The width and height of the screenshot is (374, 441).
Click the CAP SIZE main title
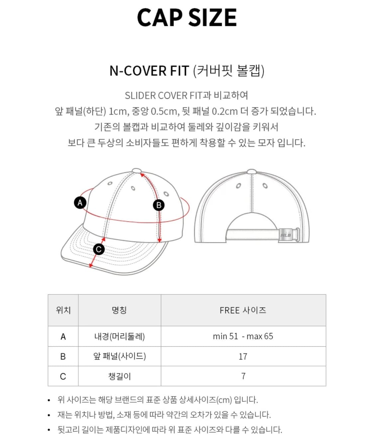click(x=187, y=18)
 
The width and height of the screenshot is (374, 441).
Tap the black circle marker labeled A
click(x=80, y=203)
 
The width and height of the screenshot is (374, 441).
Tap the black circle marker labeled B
click(x=159, y=205)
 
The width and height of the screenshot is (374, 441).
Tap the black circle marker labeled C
click(x=98, y=249)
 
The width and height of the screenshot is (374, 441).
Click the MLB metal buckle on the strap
click(x=286, y=235)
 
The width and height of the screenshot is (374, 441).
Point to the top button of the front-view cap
click(x=137, y=171)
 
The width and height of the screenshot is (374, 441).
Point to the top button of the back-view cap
click(x=252, y=172)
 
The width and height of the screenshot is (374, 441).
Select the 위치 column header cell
click(x=63, y=310)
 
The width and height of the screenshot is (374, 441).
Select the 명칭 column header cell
click(x=119, y=310)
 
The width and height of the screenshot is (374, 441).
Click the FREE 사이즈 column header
click(x=243, y=310)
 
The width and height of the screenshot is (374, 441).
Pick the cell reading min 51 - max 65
click(x=243, y=336)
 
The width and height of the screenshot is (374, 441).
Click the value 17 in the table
click(x=243, y=356)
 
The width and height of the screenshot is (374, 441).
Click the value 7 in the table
click(x=243, y=376)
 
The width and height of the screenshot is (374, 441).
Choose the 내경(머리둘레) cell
click(x=119, y=336)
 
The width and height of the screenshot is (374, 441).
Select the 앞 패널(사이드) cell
click(x=119, y=356)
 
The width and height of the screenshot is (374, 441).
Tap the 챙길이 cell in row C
click(x=119, y=376)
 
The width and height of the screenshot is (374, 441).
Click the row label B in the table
click(x=63, y=356)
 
